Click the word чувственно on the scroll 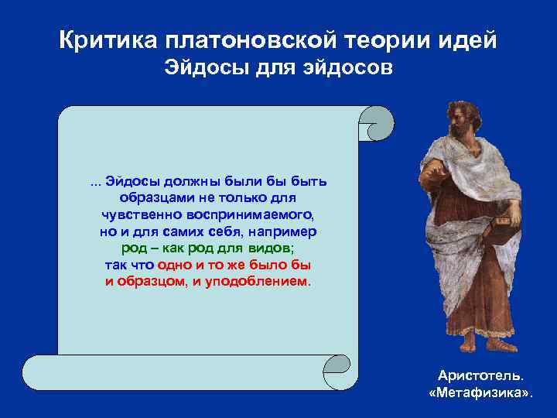click(x=139, y=215)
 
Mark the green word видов click(x=272, y=248)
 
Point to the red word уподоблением click(x=259, y=282)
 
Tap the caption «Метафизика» click(x=480, y=392)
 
